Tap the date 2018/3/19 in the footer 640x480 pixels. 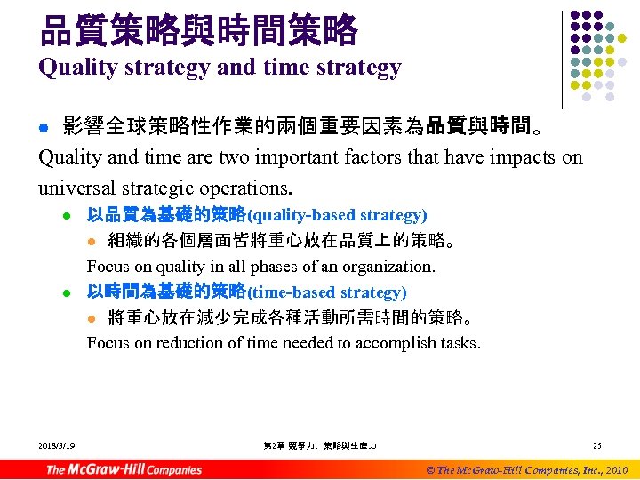pos(57,444)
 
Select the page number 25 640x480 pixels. pos(596,444)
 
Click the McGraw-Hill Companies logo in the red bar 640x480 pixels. pos(124,469)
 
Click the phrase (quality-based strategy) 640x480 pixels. pos(337,215)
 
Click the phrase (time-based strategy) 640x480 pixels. pos(326,292)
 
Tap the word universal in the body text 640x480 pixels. pos(76,188)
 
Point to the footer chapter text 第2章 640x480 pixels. pos(274,444)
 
